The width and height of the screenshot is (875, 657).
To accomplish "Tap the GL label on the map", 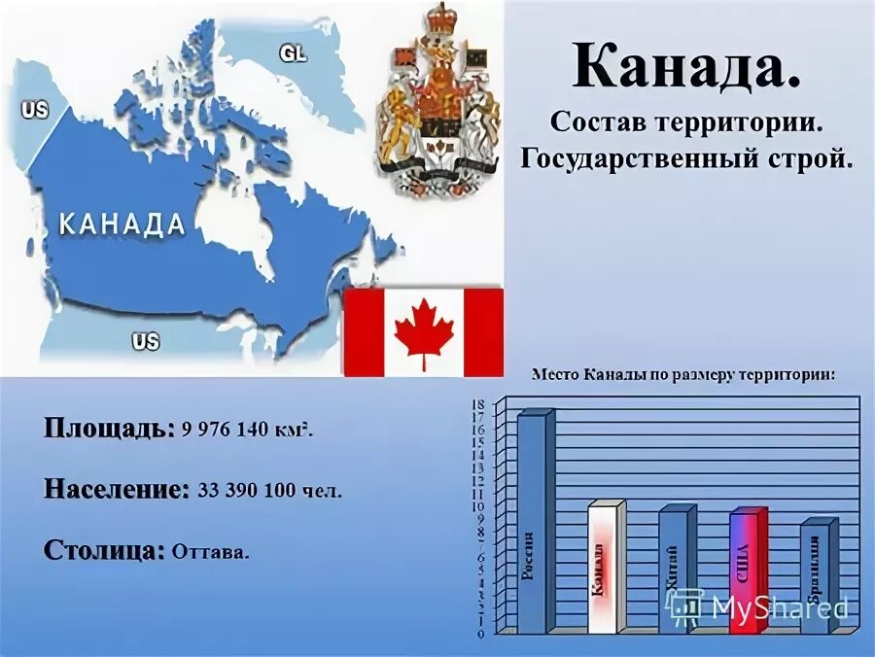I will click(x=293, y=53).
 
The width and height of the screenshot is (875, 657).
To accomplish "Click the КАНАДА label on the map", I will click(x=122, y=225).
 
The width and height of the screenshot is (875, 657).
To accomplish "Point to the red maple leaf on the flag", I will click(x=423, y=331).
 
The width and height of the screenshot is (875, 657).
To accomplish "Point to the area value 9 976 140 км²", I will click(x=246, y=430).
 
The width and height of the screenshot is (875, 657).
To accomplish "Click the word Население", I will click(x=116, y=490).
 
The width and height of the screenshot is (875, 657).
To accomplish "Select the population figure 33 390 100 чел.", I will click(x=269, y=491).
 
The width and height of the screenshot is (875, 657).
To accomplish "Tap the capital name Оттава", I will click(x=210, y=552).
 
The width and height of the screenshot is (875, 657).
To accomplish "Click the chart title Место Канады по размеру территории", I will click(x=682, y=375).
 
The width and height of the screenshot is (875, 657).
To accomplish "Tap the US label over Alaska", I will click(x=34, y=110).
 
